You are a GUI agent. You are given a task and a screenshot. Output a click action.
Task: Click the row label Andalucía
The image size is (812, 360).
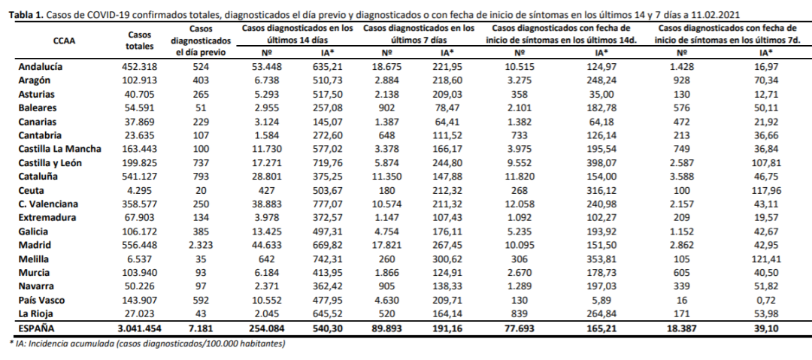click(x=40, y=67)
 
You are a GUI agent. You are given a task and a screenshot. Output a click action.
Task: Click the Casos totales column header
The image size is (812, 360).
click(x=140, y=41)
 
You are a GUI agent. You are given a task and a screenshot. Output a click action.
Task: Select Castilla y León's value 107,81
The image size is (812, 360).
click(x=767, y=162)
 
